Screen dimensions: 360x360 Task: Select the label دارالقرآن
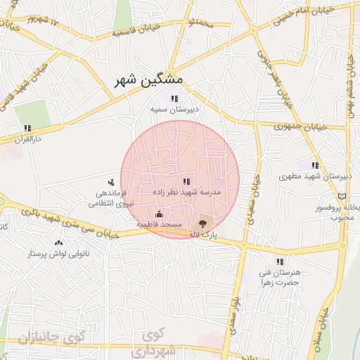pyautogui.click(x=30, y=139)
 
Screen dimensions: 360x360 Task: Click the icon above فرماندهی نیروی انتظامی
pyautogui.click(x=110, y=183)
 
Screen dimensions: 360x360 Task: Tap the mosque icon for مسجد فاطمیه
pyautogui.click(x=159, y=214)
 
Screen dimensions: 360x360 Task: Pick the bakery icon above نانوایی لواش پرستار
pyautogui.click(x=49, y=243)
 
